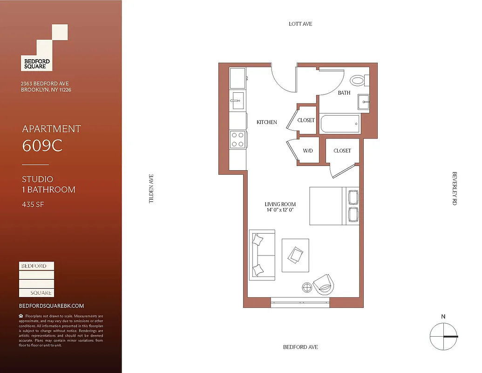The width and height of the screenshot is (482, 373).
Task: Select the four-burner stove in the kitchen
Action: pyautogui.click(x=238, y=139)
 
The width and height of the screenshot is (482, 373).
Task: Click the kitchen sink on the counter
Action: pyautogui.click(x=237, y=100)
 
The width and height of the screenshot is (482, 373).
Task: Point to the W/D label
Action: pyautogui.click(x=308, y=151)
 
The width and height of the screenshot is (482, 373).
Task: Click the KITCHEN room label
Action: pyautogui.click(x=267, y=122)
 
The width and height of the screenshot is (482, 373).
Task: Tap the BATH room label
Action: pyautogui.click(x=344, y=93)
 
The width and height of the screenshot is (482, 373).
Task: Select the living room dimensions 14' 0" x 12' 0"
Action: pyautogui.click(x=280, y=210)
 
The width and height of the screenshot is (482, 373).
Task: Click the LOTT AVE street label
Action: pyautogui.click(x=300, y=24)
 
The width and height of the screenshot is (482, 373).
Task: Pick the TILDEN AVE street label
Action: pyautogui.click(x=151, y=188)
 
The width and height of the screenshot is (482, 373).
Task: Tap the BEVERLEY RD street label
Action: pyautogui.click(x=455, y=188)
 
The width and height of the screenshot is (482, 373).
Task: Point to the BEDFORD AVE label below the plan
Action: pyautogui.click(x=300, y=347)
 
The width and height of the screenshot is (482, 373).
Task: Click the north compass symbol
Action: pyautogui.click(x=443, y=337)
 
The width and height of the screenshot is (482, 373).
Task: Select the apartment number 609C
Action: pyautogui.click(x=42, y=146)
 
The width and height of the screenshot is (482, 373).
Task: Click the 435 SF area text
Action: pyautogui.click(x=33, y=204)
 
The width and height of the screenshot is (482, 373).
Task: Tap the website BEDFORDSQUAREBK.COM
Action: pyautogui.click(x=51, y=306)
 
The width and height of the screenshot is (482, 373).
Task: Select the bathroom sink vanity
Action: pyautogui.click(x=363, y=102)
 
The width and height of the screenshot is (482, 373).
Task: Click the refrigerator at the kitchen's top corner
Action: pyautogui.click(x=238, y=76)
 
